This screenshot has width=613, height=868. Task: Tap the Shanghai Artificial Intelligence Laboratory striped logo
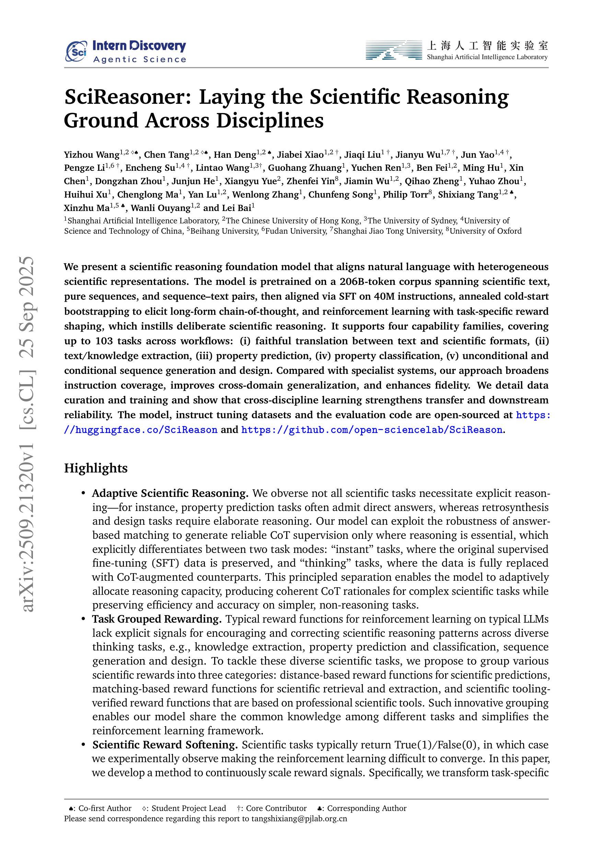[x=394, y=50]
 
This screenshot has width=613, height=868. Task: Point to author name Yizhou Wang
[x=91, y=155]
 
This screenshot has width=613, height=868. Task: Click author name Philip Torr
[x=405, y=195]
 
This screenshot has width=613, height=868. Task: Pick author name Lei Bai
[x=238, y=208]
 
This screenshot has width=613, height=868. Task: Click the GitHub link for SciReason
[x=372, y=430]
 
